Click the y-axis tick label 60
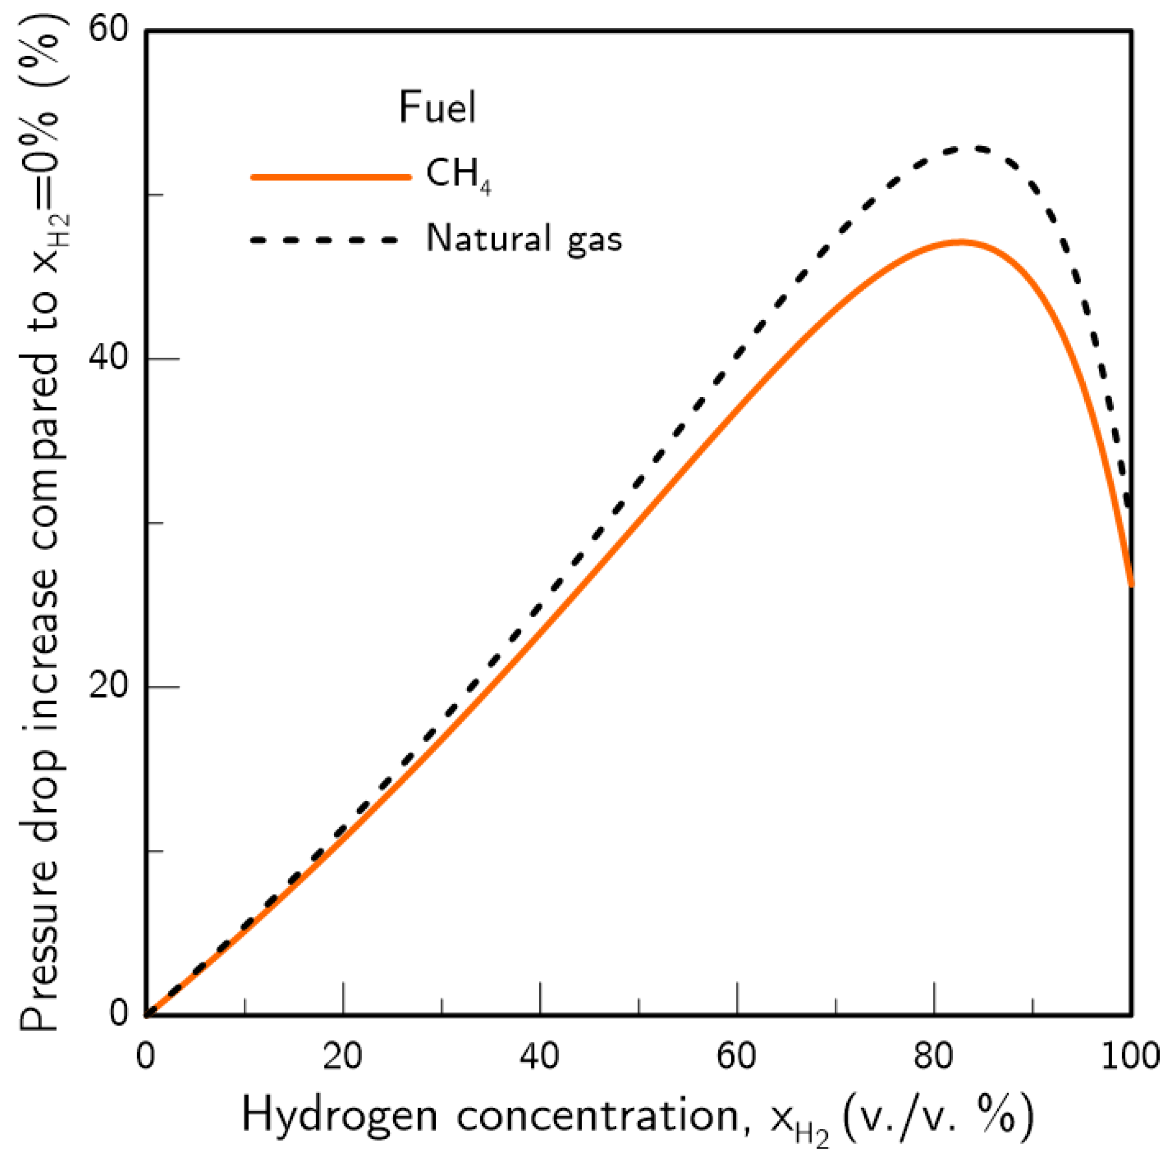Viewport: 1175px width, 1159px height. (109, 29)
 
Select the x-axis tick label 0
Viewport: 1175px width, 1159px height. (145, 1057)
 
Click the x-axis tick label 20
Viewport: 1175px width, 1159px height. (342, 1057)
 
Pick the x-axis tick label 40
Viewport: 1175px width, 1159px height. (539, 1057)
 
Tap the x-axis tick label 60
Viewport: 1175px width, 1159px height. (737, 1057)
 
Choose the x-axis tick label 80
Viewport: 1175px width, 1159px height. (933, 1057)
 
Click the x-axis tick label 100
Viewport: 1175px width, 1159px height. (1131, 1057)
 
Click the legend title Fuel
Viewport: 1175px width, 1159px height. (437, 108)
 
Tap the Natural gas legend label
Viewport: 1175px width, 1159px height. (524, 238)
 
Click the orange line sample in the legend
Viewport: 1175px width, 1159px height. (331, 177)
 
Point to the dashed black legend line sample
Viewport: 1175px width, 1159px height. (326, 240)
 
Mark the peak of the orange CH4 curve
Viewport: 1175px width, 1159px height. (960, 242)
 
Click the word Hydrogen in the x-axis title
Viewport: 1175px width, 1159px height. (339, 1116)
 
